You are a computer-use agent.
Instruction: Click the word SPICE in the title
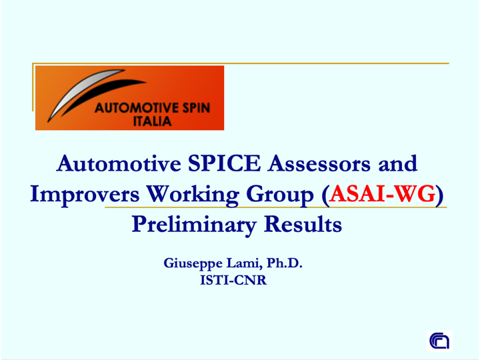(224, 163)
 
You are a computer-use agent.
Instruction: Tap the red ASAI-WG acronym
(383, 194)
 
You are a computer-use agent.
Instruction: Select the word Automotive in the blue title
(119, 163)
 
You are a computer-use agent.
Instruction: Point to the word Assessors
(319, 163)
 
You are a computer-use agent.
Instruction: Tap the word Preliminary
(194, 225)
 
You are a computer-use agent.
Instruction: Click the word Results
(303, 224)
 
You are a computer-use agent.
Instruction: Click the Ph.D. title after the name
(285, 263)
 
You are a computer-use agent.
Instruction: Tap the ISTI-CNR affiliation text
(233, 280)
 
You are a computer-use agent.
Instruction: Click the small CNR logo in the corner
(439, 341)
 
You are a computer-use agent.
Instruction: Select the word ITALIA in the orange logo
(152, 121)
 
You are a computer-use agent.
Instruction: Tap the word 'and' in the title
(397, 163)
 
